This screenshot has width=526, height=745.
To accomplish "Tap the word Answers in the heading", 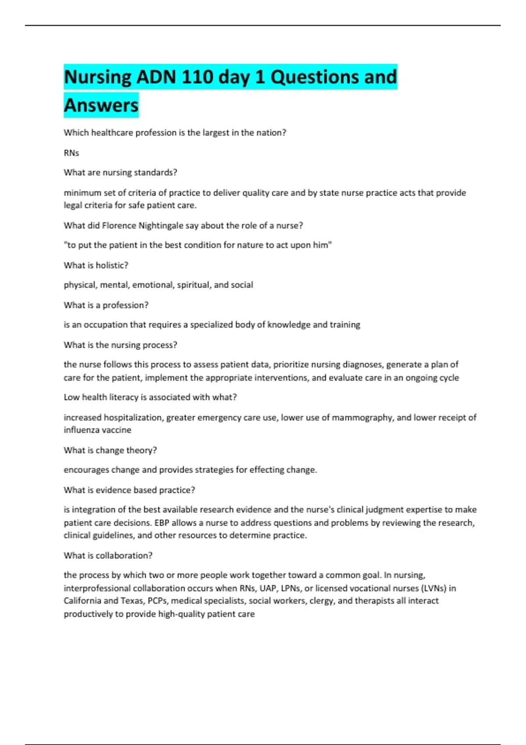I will (x=101, y=106).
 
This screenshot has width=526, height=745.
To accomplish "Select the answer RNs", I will (x=71, y=153).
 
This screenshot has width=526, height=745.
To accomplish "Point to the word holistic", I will (x=112, y=265).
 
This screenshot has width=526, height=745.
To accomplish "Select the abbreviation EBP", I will (x=162, y=523).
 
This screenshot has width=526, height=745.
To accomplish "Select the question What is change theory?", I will (x=110, y=450).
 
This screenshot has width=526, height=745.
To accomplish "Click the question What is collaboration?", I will (x=108, y=555).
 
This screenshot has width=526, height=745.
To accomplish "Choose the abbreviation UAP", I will (x=268, y=588).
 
